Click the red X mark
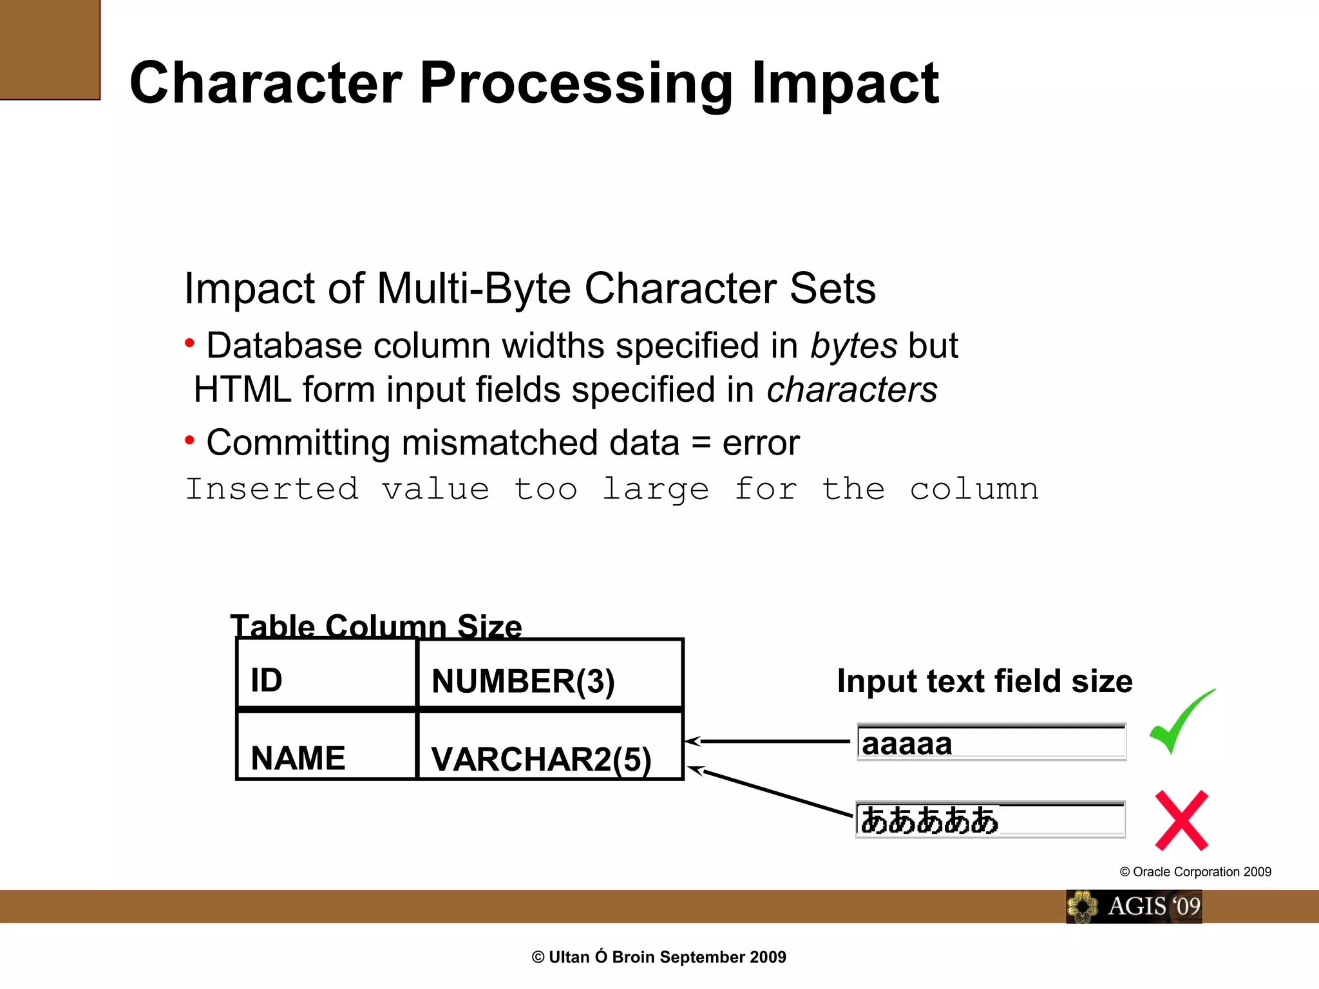(x=1181, y=821)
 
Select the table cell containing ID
(x=327, y=675)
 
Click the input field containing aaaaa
(x=992, y=743)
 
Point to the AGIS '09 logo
(x=1134, y=907)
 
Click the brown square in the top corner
(x=50, y=50)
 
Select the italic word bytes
(x=853, y=346)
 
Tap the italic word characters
(x=851, y=390)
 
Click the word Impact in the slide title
(x=844, y=83)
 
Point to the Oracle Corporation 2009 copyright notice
(x=1195, y=872)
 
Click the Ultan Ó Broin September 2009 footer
(x=659, y=957)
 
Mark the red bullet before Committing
(x=189, y=441)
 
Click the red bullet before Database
(x=189, y=343)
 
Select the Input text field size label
(x=985, y=681)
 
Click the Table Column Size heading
(x=376, y=625)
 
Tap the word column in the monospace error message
(x=974, y=490)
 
